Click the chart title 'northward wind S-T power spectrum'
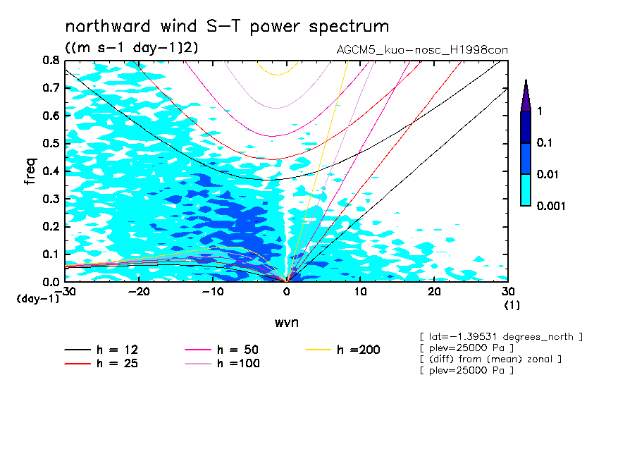227,27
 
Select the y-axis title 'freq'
30,171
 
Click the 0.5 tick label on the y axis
50,143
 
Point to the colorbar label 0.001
551,206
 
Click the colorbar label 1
539,111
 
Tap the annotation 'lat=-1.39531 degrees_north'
500,337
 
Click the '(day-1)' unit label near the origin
38,299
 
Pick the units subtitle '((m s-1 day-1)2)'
132,48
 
